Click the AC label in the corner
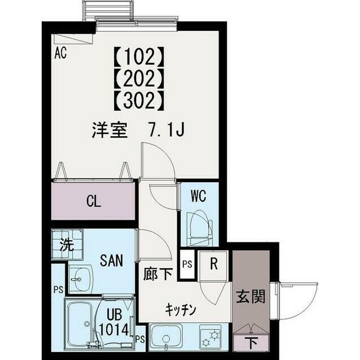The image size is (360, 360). pyautogui.click(x=61, y=55)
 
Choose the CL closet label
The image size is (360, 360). pyautogui.click(x=94, y=201)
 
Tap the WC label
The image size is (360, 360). pyautogui.click(x=198, y=197)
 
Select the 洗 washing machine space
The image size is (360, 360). pyautogui.click(x=66, y=245)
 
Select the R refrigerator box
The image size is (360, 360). pyautogui.click(x=214, y=263)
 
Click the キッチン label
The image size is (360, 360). pyautogui.click(x=180, y=309)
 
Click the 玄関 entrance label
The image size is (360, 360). pyautogui.click(x=250, y=296)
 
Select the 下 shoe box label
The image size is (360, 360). pyautogui.click(x=251, y=342)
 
